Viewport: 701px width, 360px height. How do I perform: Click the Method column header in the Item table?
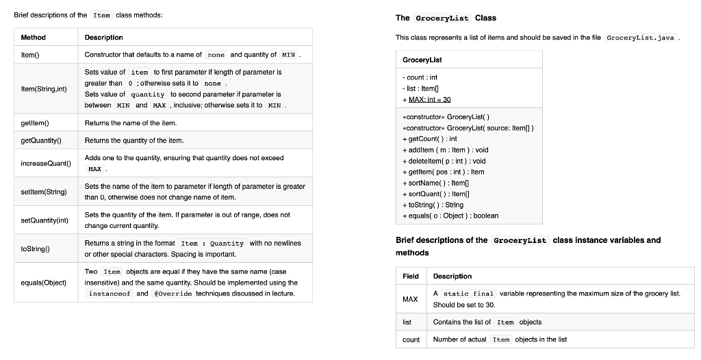pos(33,37)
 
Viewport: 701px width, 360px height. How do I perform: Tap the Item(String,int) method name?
pos(43,89)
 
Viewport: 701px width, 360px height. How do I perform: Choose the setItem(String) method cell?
pos(44,192)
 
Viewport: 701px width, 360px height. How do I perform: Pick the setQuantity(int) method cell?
pos(44,220)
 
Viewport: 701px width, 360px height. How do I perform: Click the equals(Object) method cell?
pos(44,282)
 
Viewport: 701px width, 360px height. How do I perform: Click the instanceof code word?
pos(110,294)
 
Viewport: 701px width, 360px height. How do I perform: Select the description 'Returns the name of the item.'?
pos(130,123)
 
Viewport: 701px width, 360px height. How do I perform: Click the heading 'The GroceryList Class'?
pos(446,18)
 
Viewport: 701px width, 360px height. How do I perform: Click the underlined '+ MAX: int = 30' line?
pos(431,99)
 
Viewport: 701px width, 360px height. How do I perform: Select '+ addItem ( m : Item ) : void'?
pos(446,150)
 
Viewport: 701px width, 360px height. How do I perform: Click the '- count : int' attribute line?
pos(420,77)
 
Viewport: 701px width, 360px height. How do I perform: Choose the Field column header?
pos(411,276)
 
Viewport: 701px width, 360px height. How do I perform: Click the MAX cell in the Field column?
pos(410,299)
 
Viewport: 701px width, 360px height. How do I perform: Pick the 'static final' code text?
pos(475,294)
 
